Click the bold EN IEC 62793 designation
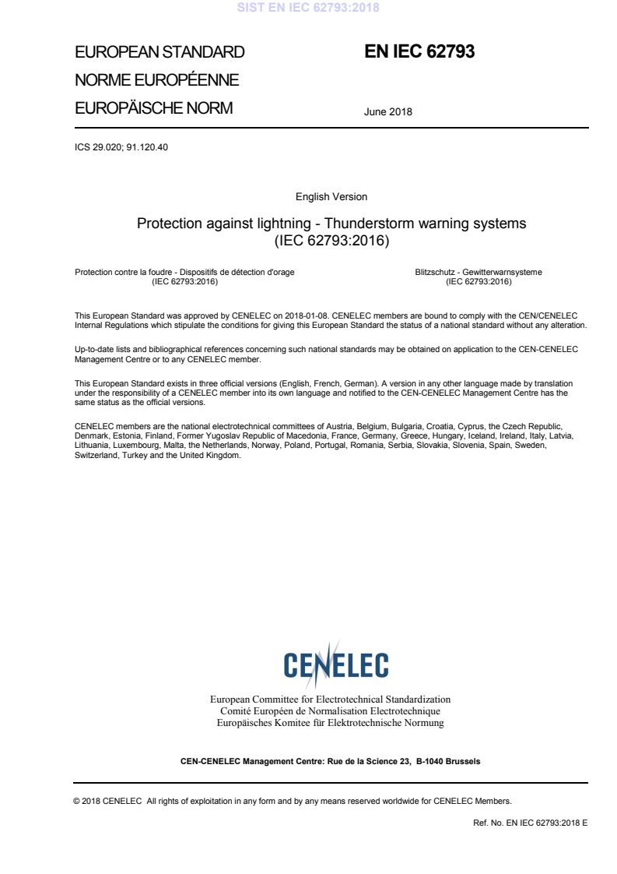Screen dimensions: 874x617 (419, 52)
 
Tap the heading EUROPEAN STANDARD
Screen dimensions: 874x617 (160, 53)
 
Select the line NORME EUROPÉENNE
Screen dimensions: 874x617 (156, 80)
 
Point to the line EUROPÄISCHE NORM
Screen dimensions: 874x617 (153, 108)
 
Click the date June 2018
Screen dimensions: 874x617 (387, 111)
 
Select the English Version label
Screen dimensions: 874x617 (331, 196)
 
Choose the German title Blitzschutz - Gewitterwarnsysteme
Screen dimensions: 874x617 (479, 272)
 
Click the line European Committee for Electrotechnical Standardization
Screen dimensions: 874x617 (331, 700)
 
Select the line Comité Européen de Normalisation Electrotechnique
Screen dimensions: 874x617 (331, 711)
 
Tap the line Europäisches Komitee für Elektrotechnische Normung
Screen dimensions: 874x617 (331, 723)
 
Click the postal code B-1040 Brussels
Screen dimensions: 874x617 (448, 761)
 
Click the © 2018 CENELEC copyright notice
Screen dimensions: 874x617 (109, 801)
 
